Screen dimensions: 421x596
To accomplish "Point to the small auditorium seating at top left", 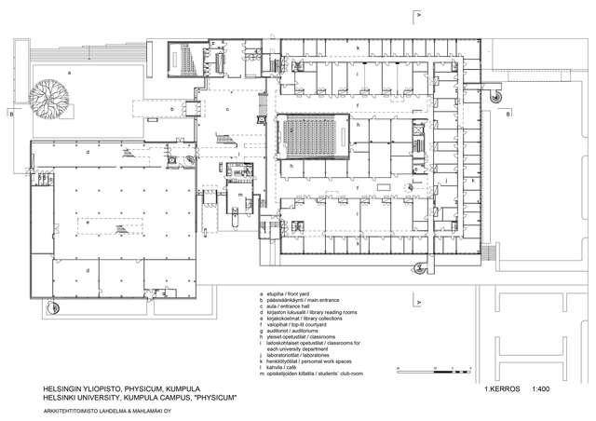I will (x=186, y=61).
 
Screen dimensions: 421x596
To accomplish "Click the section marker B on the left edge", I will (x=8, y=114).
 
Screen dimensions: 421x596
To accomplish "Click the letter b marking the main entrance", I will (x=172, y=109).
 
